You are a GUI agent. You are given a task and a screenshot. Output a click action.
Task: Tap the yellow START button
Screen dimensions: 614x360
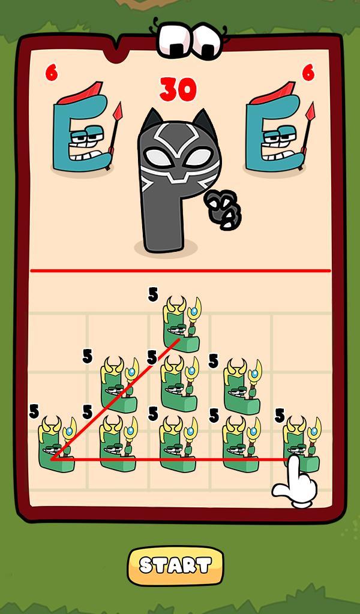click(175, 565)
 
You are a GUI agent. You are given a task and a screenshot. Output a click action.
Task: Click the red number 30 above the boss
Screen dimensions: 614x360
click(178, 90)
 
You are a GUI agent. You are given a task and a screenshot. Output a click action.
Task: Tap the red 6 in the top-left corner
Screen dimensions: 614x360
click(52, 73)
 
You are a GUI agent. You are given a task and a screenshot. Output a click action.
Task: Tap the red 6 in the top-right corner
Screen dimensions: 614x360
click(308, 73)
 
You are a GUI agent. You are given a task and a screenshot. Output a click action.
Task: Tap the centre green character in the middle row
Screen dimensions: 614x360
click(179, 384)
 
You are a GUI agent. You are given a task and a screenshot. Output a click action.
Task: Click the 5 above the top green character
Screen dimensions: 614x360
click(153, 294)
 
